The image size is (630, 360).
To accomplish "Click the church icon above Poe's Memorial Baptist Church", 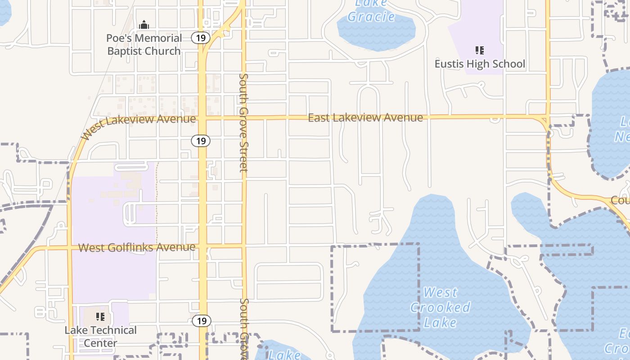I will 144,25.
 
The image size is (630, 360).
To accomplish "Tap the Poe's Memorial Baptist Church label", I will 144,45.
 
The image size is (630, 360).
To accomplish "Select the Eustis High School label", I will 480,64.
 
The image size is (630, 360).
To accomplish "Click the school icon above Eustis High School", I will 480,50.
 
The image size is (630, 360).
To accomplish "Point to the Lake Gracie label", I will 371,11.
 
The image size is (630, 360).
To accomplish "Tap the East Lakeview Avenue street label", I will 365,118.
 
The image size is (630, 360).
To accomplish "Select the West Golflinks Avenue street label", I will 137,247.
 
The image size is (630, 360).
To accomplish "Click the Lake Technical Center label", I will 100,336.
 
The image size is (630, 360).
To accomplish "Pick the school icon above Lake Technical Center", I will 100,317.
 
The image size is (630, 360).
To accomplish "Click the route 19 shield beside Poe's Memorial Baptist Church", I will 201,38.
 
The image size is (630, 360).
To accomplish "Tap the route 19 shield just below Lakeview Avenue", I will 201,141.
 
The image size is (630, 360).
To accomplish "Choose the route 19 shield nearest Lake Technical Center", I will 201,321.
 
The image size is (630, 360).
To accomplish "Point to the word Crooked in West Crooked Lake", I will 440,308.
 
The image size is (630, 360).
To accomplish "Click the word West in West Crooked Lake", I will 440,292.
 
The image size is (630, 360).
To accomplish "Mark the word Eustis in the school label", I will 449,64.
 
